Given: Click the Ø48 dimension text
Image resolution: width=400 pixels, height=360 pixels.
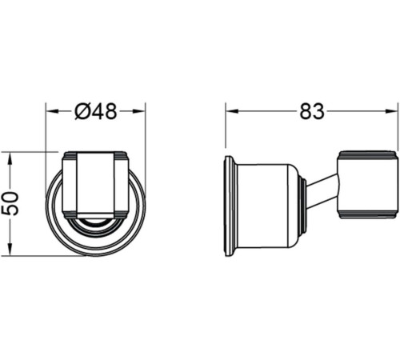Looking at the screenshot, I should click(95, 111).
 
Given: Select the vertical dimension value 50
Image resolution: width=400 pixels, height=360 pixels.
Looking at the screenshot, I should click(10, 202).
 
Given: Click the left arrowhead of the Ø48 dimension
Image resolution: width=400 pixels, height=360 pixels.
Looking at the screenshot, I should click(50, 111).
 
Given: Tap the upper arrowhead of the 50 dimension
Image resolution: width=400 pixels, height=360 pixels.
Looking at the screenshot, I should click(10, 155).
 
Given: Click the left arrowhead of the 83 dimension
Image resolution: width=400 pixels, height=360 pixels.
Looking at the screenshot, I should click(230, 111).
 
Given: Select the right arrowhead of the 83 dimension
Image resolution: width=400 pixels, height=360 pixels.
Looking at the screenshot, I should click(392, 111).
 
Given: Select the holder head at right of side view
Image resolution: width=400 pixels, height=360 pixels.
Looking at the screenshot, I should click(366, 183).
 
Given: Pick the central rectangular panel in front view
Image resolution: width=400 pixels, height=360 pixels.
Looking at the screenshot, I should click(95, 184).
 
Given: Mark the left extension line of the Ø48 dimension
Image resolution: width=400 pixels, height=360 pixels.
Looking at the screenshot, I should click(46, 128).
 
